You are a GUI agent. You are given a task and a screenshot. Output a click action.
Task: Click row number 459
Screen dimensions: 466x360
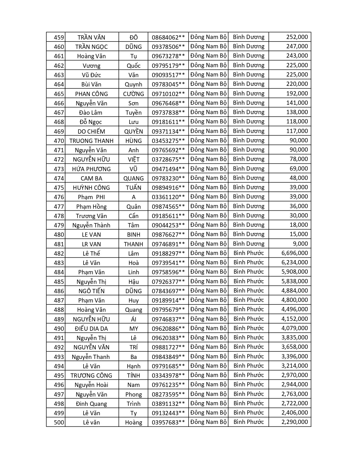coord(59,37)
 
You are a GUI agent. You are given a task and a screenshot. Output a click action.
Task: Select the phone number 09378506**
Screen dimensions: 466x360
coord(168,47)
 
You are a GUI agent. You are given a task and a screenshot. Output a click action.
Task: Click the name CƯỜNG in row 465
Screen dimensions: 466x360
coord(134,94)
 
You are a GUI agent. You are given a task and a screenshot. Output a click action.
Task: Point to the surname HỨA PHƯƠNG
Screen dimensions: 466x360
coord(91,169)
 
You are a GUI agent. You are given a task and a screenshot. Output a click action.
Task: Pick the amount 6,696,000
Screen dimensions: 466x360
coord(294,253)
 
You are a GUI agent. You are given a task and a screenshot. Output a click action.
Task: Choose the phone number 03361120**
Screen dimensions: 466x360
coord(168,197)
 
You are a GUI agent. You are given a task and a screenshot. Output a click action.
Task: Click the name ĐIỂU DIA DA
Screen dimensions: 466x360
coord(91,328)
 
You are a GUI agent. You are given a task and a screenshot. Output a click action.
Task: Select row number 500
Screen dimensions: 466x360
coord(59,423)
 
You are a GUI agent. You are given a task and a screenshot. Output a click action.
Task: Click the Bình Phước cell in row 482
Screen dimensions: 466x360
coord(249,253)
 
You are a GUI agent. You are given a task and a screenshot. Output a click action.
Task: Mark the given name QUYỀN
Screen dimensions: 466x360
coord(134,131)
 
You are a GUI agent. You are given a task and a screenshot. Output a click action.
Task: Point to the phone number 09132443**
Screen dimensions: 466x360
coord(168,413)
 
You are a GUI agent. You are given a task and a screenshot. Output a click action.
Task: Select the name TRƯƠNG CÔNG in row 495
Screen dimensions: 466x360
coord(91,375)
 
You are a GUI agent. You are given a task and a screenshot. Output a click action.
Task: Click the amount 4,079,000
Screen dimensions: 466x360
coord(294,328)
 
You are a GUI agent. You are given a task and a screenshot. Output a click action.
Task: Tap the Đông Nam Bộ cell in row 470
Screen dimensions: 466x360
coord(208,140)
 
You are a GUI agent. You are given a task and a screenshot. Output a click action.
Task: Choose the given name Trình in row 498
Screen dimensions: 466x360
coord(134,404)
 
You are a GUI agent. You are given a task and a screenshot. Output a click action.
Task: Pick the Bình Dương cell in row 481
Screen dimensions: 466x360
coord(249,244)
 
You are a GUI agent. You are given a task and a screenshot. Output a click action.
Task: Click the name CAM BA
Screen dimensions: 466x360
coord(91,178)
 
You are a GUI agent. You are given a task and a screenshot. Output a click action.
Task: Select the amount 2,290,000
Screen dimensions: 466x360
coord(294,422)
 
